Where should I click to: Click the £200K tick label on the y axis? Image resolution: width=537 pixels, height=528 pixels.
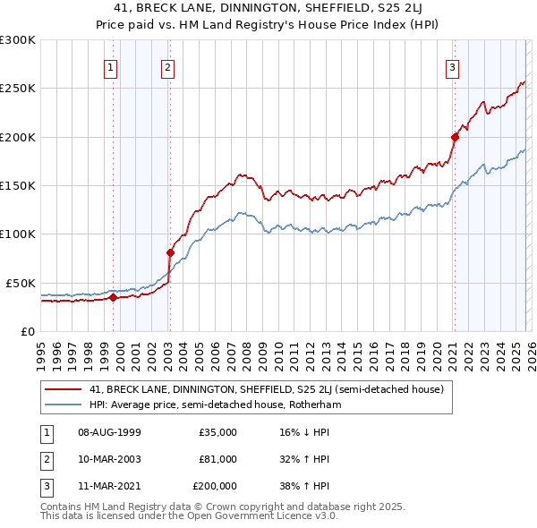tap(17, 137)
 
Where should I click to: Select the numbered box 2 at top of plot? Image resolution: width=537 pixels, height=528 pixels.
tap(167, 66)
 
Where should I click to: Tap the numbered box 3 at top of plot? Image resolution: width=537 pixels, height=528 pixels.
tap(452, 66)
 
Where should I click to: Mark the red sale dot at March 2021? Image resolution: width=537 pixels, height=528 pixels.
tap(455, 137)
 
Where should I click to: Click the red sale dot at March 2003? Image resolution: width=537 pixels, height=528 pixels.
tap(170, 252)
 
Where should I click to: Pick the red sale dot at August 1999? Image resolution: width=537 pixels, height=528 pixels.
tap(113, 297)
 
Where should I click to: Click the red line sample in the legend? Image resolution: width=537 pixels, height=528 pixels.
tap(64, 389)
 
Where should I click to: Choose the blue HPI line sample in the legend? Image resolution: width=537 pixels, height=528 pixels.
tap(64, 405)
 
